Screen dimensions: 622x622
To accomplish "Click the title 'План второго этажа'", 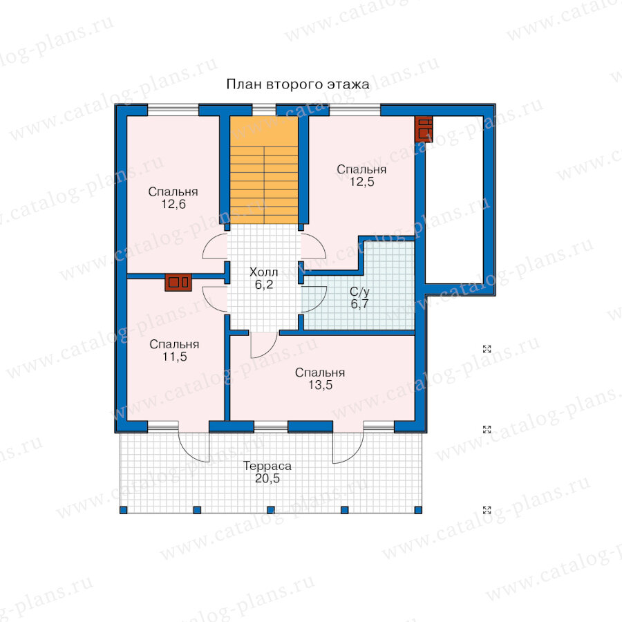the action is (297, 84).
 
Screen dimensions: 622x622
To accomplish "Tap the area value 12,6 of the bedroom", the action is (173, 205).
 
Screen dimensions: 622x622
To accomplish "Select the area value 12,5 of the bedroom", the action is (361, 182).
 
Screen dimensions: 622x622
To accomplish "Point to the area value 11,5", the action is (175, 357).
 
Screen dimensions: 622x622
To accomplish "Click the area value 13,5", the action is (321, 385).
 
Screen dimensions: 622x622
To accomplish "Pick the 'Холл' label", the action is (263, 272).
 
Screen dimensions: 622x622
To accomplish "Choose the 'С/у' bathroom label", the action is (359, 292).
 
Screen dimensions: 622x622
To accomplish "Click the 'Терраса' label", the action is (267, 466).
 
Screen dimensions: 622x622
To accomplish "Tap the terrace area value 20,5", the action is (267, 478).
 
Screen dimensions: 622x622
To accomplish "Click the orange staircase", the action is (264, 170).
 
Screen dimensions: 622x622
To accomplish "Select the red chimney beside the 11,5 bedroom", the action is (178, 283).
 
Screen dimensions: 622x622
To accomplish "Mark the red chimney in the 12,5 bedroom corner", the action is (424, 129).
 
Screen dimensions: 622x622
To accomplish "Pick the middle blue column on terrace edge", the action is (271, 510).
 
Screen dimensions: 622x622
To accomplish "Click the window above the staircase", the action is (264, 109).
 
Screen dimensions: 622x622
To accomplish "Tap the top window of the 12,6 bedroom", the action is (173, 109).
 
